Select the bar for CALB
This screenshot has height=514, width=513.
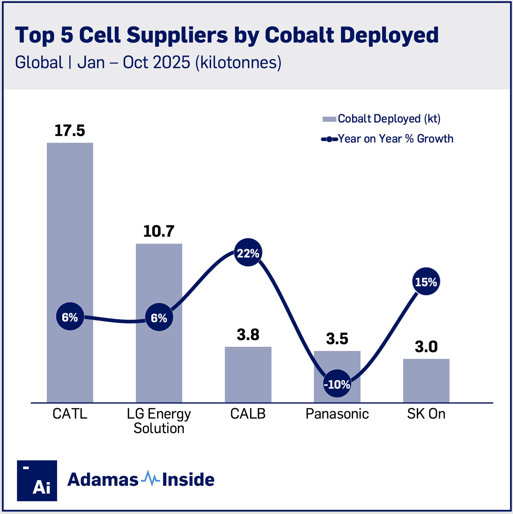pos(248,374)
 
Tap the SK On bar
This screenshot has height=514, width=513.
pos(426,381)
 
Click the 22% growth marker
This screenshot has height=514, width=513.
pos(248,253)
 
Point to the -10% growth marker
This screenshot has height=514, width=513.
pos(337,384)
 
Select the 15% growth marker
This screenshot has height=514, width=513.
pos(426,282)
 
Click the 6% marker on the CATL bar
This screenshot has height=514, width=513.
pos(70,317)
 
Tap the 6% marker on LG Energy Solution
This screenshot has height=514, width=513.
pos(159,317)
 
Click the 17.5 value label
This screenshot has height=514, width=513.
pos(70,130)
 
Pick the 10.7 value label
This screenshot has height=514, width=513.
pos(159,231)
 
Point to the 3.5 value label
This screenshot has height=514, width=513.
pos(337,339)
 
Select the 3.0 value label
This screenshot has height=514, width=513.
pos(426,346)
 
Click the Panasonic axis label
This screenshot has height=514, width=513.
pos(337,414)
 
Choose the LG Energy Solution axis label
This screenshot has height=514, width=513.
pos(159,421)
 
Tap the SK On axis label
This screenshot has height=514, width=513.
pos(426,414)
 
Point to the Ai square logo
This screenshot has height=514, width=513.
pos(37,480)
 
